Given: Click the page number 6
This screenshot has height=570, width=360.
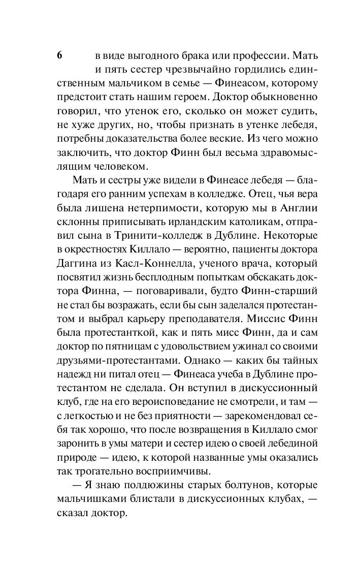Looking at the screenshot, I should [x=60, y=55].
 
